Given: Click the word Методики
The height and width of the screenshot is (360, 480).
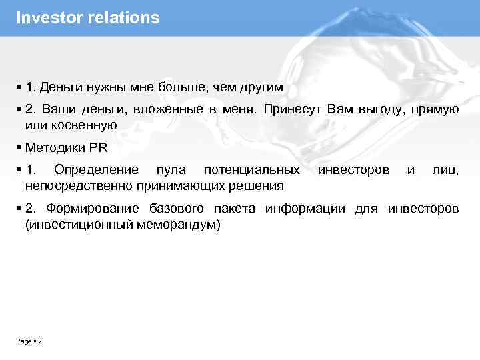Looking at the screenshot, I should (54, 147).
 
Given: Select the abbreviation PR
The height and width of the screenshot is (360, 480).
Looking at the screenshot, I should (98, 147).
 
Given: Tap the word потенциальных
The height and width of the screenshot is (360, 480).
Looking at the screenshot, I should (252, 171).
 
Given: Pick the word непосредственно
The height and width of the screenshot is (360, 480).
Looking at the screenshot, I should (79, 185).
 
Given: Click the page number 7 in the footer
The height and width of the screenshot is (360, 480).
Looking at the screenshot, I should (41, 341).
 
